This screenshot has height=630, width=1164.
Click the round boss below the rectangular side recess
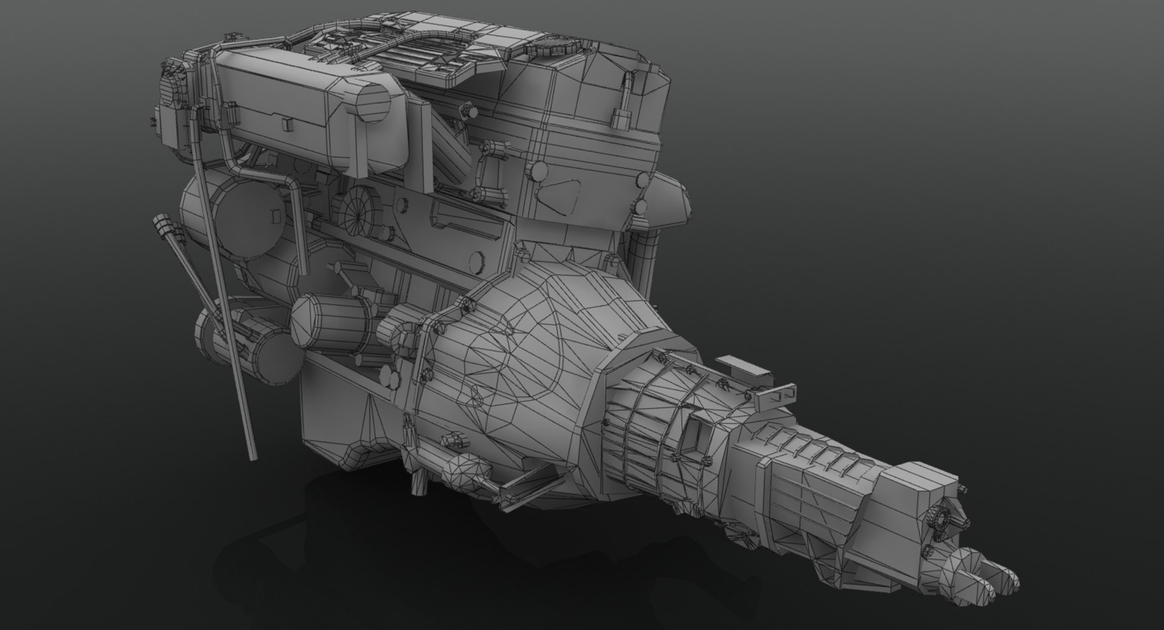coord(478,262)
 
